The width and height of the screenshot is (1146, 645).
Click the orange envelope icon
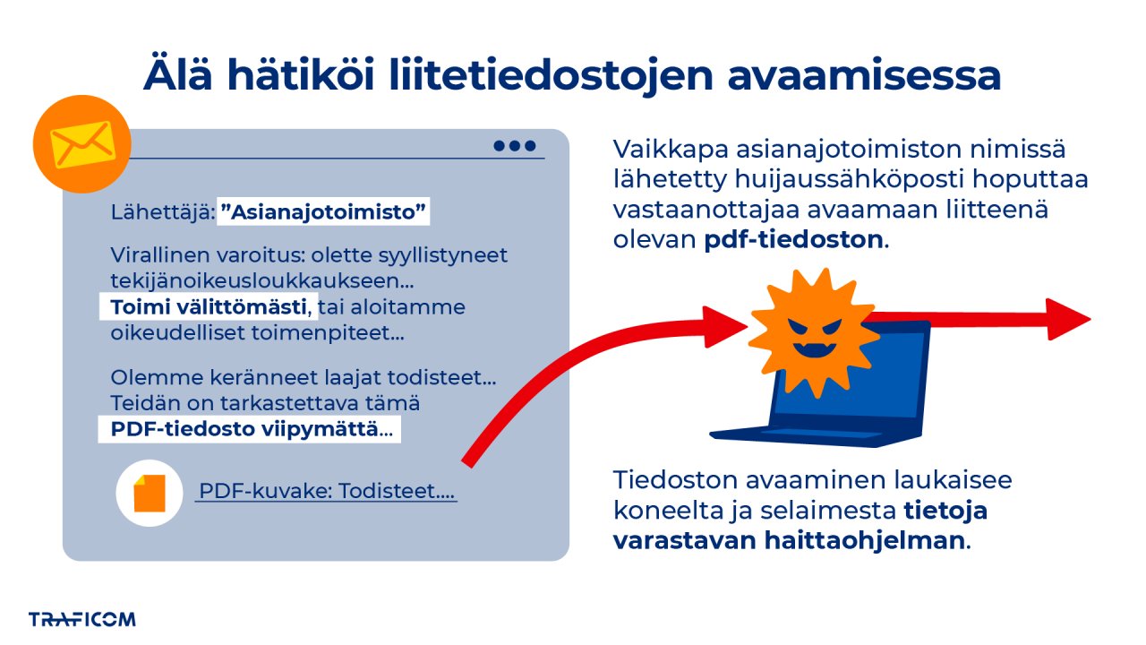pyautogui.click(x=81, y=143)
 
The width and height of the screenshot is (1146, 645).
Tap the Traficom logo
pyautogui.click(x=81, y=619)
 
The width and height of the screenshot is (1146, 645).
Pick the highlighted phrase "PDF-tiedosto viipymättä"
pyautogui.click(x=250, y=429)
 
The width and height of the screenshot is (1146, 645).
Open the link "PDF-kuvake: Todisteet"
pyautogui.click(x=326, y=492)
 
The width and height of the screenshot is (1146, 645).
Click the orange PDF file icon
pyautogui.click(x=150, y=494)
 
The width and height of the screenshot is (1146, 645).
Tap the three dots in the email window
pyautogui.click(x=515, y=146)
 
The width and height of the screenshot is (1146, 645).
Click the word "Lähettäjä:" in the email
pyautogui.click(x=161, y=212)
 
